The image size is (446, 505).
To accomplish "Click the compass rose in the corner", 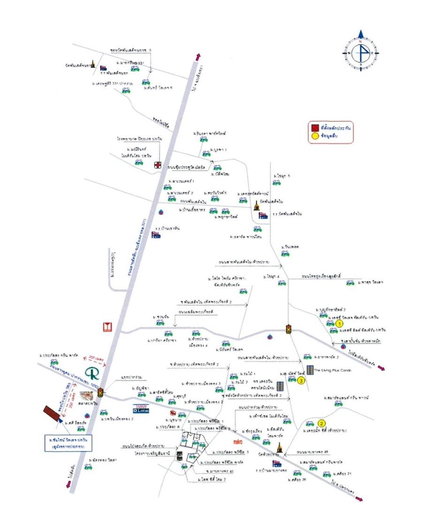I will (361, 53).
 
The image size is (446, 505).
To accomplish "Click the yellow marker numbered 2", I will (322, 423).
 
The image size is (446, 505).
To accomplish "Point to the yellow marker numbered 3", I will (301, 381).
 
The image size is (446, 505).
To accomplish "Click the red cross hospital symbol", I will (158, 165).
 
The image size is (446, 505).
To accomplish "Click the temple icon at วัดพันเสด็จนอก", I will (93, 65).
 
